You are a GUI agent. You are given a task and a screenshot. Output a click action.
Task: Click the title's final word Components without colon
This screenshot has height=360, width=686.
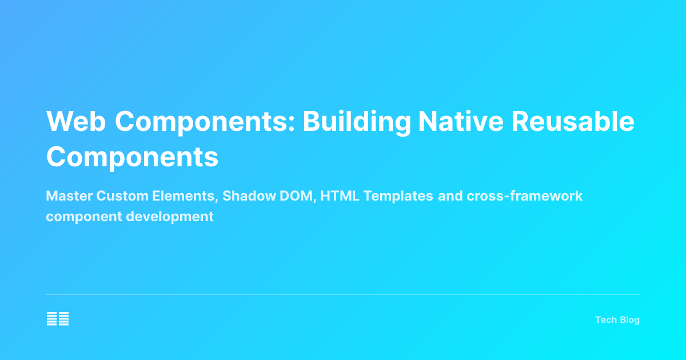132,157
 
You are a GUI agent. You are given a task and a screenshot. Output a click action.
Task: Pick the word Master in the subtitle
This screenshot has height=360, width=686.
69,196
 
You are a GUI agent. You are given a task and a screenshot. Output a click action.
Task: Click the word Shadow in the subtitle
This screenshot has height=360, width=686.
246,196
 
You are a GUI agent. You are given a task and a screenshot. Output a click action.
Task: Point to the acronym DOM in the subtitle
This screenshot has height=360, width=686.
293,196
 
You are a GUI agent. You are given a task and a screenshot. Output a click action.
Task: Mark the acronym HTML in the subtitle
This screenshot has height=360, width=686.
340,196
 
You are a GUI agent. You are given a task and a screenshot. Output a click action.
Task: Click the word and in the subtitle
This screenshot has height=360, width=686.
450,196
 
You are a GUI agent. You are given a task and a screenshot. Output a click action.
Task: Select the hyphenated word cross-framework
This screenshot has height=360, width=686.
525,196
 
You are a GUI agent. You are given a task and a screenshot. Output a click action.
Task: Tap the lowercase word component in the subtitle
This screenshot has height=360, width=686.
80,217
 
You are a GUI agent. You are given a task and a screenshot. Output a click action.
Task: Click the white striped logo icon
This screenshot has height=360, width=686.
58,319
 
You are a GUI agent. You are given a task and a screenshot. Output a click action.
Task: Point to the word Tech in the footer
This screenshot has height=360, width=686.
605,320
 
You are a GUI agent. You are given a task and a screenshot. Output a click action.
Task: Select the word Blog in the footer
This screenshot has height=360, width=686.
629,320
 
